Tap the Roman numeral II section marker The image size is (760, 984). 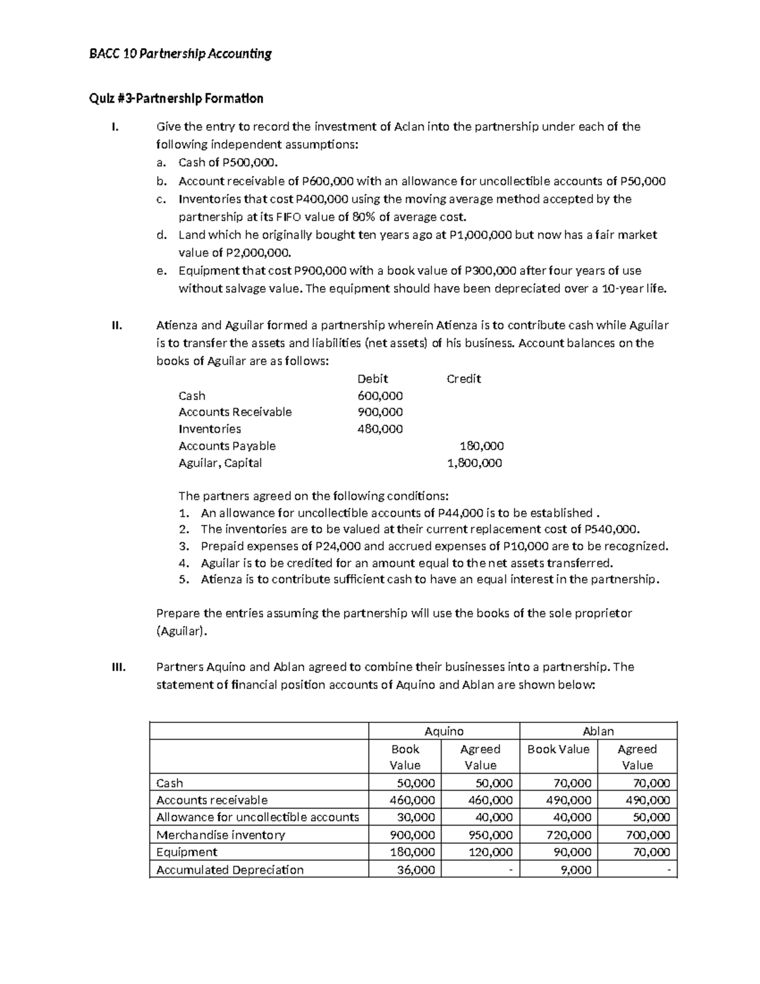pyautogui.click(x=116, y=326)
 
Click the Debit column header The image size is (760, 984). pyautogui.click(x=372, y=379)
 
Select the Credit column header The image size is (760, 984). pyautogui.click(x=464, y=379)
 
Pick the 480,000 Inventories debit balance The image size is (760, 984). pyautogui.click(x=380, y=429)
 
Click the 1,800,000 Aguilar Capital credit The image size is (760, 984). pyautogui.click(x=474, y=463)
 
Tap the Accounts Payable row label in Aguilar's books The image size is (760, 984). pyautogui.click(x=227, y=446)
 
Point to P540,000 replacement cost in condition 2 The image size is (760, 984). pyautogui.click(x=611, y=530)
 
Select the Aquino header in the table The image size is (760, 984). pyautogui.click(x=444, y=731)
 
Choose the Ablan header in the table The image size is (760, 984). pyautogui.click(x=598, y=731)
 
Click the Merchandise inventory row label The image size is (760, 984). pyautogui.click(x=220, y=835)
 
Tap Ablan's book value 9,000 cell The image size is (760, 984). pyautogui.click(x=576, y=870)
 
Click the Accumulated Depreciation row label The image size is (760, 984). pyautogui.click(x=229, y=870)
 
